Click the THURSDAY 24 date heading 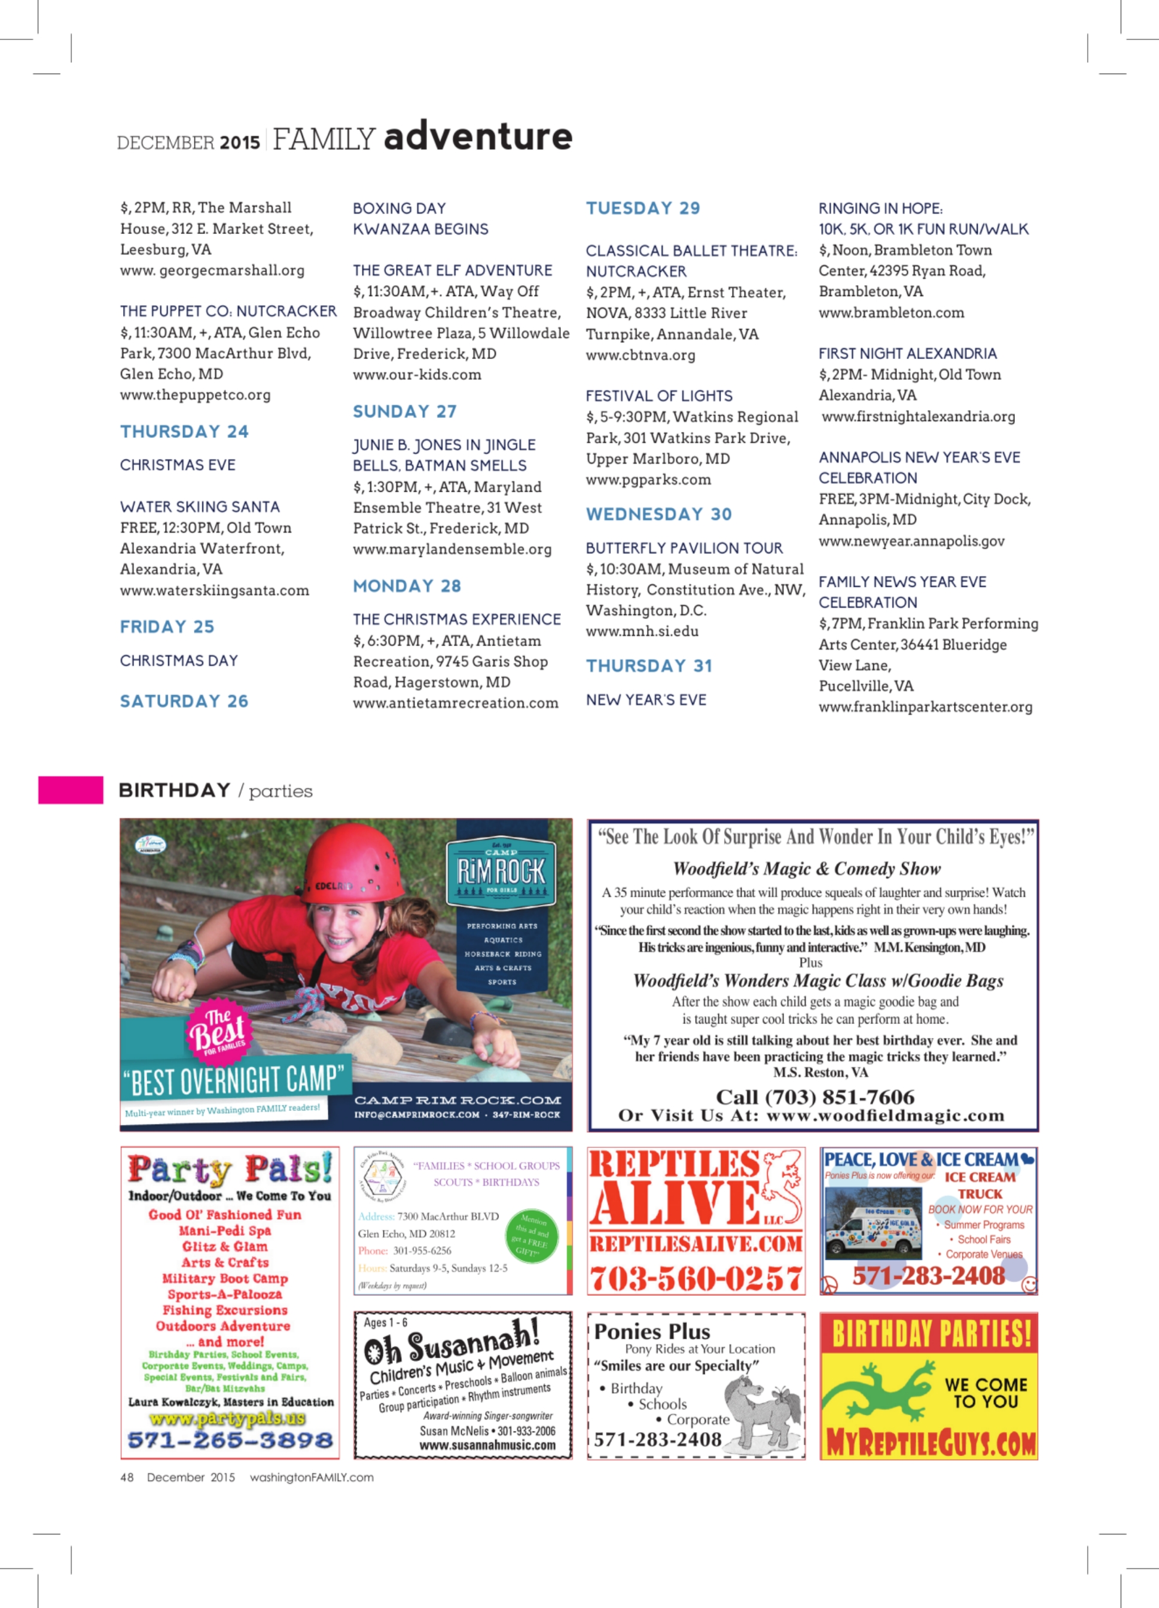184,432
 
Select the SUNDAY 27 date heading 405,412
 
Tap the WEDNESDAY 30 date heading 658,514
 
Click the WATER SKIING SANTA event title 200,507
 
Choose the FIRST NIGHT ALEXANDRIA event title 907,354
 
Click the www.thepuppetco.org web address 195,395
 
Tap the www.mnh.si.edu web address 642,631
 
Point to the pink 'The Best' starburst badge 218,1031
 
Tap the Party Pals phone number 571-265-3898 230,1440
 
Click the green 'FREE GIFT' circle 531,1237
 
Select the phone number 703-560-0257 696,1278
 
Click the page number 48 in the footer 127,1478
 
